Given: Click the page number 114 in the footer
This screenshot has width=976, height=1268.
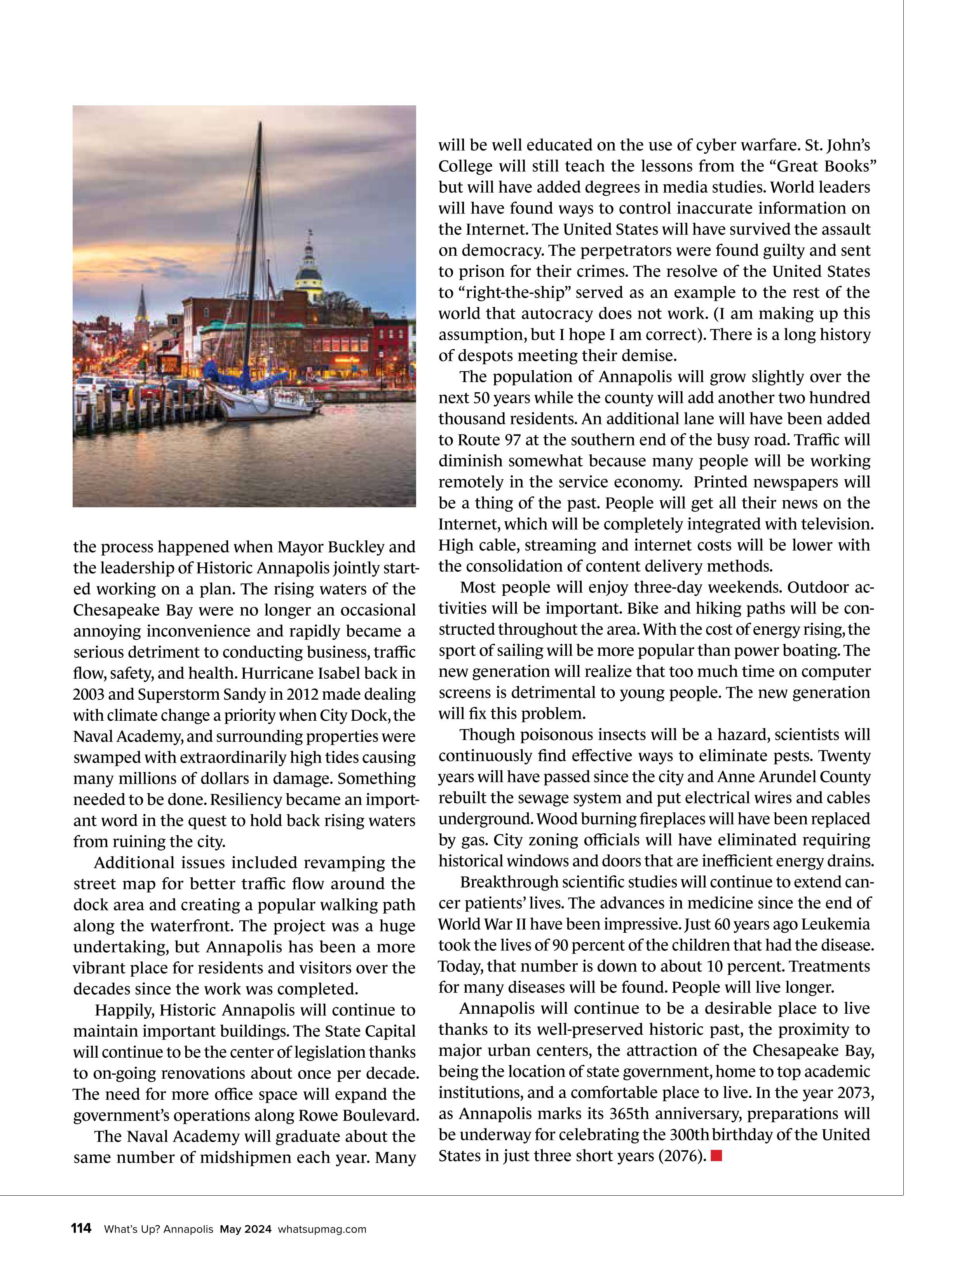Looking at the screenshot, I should [81, 1228].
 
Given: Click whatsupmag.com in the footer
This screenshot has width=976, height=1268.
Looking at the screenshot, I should [322, 1229].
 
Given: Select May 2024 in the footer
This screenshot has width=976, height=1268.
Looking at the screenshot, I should [245, 1229].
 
